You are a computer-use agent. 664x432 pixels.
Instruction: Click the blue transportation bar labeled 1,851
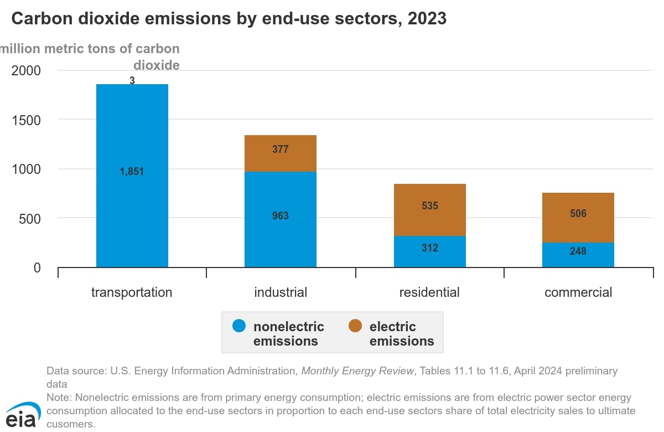pos(132,176)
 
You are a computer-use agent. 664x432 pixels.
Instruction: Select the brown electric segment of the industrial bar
pos(281,153)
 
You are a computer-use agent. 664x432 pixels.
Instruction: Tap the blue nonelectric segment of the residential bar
pos(430,251)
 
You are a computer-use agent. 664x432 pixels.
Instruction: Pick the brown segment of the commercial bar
pos(578,218)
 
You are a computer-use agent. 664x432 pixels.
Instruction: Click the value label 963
pos(281,215)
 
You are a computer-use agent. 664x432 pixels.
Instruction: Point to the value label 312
pos(430,248)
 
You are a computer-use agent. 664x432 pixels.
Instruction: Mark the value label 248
pos(578,251)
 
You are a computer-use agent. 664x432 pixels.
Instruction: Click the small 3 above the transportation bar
pos(132,80)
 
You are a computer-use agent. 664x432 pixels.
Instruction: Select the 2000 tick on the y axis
pos(26,71)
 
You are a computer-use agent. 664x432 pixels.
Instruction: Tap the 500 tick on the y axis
pos(30,219)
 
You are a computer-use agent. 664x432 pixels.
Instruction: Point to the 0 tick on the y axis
pos(37,268)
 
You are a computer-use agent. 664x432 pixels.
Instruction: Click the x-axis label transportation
pos(132,292)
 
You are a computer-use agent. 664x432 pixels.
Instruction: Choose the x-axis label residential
pos(429,292)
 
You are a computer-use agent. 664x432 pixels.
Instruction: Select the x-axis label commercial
pos(578,292)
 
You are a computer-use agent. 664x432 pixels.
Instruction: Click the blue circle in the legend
pos(239,326)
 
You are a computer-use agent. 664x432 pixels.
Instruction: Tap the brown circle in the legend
pos(355,326)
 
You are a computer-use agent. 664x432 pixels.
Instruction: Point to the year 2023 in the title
pos(427,18)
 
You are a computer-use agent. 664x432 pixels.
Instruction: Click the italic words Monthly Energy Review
pos(357,371)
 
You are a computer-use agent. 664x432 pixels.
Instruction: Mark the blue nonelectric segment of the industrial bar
pos(281,219)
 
